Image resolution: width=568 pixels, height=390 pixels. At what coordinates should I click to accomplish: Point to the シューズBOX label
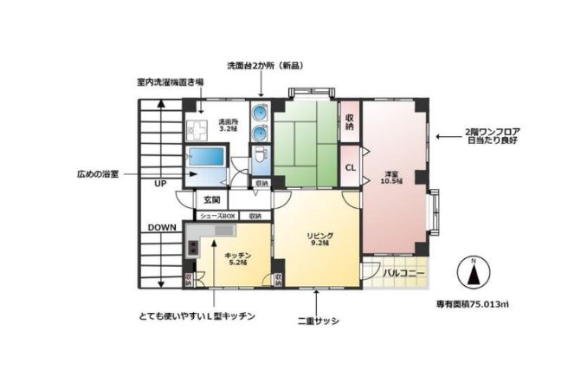point(217,216)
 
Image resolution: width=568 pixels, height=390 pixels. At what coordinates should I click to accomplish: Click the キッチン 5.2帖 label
point(237,258)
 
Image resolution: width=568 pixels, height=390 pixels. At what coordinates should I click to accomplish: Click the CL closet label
point(351,167)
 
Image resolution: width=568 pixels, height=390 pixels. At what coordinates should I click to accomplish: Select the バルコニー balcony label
point(404,274)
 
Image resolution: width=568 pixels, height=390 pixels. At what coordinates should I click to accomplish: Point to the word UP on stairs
point(160,185)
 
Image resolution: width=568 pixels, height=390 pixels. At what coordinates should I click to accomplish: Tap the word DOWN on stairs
point(162,227)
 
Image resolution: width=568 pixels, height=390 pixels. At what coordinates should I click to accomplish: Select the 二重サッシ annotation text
point(318,321)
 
